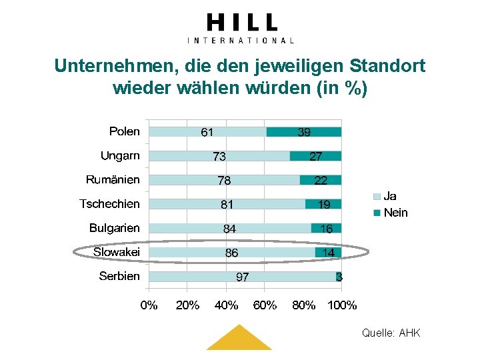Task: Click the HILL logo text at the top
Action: [x=241, y=23]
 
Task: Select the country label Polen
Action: [x=125, y=131]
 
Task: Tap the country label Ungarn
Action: [x=120, y=155]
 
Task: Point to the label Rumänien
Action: [x=113, y=179]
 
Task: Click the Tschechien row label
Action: [x=109, y=203]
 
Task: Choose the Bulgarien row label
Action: [x=115, y=228]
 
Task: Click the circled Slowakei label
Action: [x=116, y=252]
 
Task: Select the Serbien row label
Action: [x=119, y=276]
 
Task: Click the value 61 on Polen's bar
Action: [x=207, y=132]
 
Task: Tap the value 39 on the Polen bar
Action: [x=303, y=132]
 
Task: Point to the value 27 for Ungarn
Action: [x=315, y=156]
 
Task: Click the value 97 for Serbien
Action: [x=243, y=277]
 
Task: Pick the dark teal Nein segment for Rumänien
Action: [x=321, y=180]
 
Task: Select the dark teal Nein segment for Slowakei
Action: [x=328, y=253]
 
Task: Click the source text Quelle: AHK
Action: [x=391, y=333]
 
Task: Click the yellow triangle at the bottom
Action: [x=239, y=340]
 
